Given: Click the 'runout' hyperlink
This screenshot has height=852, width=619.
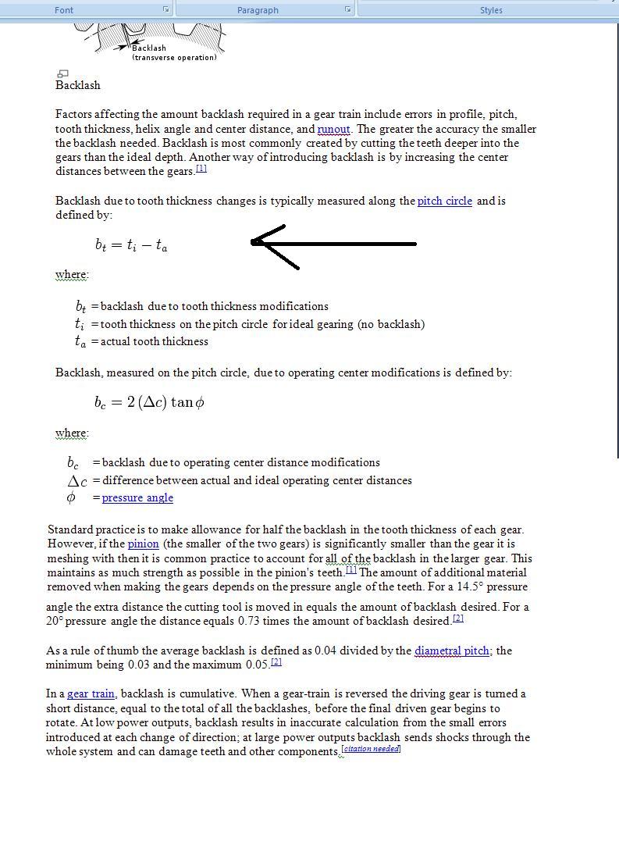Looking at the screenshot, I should tap(333, 129).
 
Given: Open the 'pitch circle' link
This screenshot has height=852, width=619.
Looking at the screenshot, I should tap(444, 201).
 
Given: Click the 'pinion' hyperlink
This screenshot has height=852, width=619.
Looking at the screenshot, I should tap(143, 544).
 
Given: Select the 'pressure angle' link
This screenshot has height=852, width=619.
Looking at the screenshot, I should tap(137, 497).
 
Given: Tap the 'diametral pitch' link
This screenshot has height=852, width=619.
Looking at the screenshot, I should tap(452, 651).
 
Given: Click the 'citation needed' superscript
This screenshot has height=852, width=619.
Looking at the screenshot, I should tap(372, 749).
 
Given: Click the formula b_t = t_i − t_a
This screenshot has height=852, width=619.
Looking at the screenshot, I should tap(131, 244).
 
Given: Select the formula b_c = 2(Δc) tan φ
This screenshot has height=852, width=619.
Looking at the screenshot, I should tap(149, 402).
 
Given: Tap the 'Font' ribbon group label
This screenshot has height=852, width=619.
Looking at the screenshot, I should tap(64, 10).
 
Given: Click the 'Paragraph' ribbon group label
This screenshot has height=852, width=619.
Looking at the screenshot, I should tap(258, 10).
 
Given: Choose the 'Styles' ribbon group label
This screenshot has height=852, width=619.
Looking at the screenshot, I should tap(491, 10).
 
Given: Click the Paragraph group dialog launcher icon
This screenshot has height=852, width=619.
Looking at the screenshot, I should tap(347, 9).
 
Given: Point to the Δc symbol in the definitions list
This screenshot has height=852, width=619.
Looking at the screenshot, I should tap(77, 481).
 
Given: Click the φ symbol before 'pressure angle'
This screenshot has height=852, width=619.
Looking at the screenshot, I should tap(71, 497).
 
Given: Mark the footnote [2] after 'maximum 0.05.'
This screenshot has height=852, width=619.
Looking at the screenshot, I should tap(276, 662).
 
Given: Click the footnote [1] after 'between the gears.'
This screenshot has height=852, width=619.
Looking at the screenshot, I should tap(201, 169).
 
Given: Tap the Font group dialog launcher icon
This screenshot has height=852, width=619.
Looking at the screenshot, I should tap(165, 9).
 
